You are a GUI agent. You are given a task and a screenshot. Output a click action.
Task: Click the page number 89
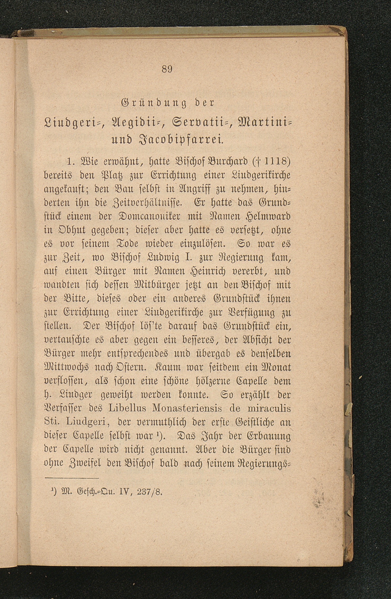pyautogui.click(x=167, y=70)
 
